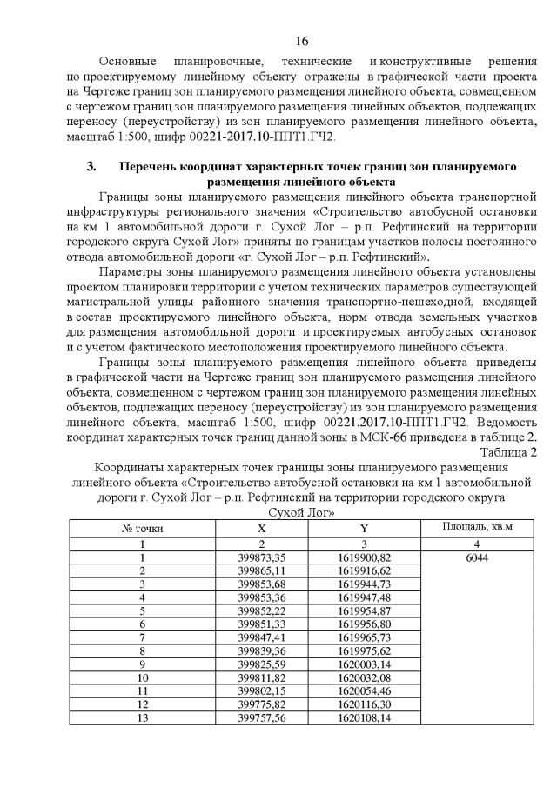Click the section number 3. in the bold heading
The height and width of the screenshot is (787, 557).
pyautogui.click(x=91, y=165)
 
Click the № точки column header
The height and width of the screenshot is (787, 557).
pyautogui.click(x=141, y=528)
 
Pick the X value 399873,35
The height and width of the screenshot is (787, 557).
pyautogui.click(x=262, y=557)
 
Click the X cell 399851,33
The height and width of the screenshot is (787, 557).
pyautogui.click(x=262, y=624)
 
